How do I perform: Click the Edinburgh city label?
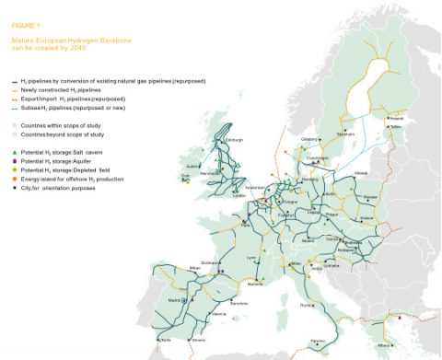(233, 140)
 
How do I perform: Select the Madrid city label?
(174, 298)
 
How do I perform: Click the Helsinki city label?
(396, 118)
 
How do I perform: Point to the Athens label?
(407, 346)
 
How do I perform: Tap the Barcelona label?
(238, 303)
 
